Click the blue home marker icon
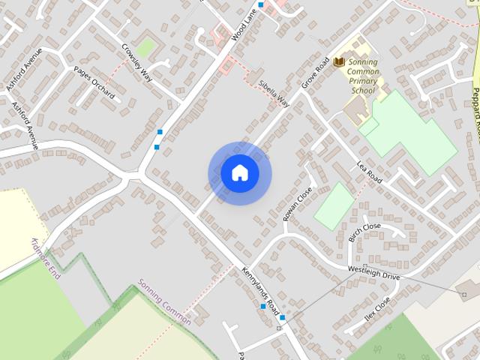239,173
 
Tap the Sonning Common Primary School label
362,76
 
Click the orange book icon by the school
339,61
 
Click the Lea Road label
369,172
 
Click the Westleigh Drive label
374,272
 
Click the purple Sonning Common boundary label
164,302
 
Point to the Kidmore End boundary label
45,259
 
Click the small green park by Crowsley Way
146,46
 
